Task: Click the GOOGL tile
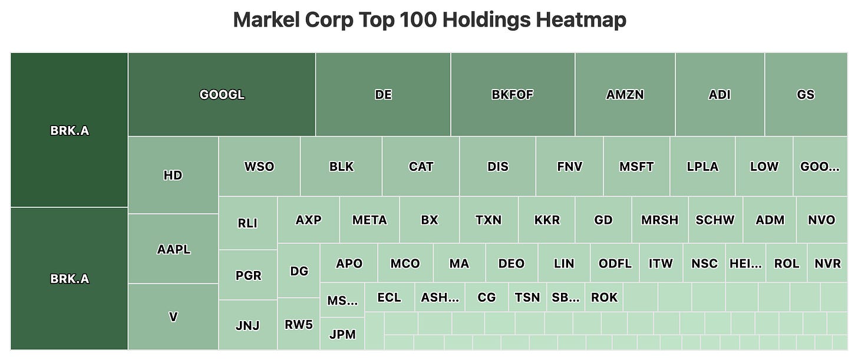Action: point(222,95)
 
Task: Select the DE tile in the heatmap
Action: point(383,95)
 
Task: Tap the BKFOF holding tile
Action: point(513,95)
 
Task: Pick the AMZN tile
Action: point(625,95)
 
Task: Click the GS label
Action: point(806,95)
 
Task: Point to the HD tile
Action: point(173,175)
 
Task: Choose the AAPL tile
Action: point(173,249)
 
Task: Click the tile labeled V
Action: point(173,317)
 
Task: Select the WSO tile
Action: point(259,167)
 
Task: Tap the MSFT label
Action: point(636,167)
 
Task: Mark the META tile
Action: point(369,220)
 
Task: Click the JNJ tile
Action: point(248,325)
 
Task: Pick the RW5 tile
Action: point(299,325)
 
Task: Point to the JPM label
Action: point(342,334)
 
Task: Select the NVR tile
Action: point(827,263)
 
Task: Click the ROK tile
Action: point(604,297)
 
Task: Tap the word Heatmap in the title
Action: point(581,20)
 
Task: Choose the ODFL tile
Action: point(615,263)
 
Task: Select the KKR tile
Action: point(547,220)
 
